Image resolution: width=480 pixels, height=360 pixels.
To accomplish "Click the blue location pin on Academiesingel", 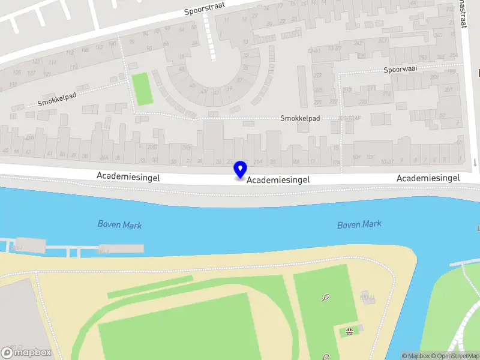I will [x=240, y=170].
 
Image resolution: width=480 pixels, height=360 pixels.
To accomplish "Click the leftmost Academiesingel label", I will [x=126, y=176].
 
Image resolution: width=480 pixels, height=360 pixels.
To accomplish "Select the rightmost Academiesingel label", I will [x=428, y=178].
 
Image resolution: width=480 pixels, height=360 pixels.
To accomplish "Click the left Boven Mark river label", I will [x=119, y=225].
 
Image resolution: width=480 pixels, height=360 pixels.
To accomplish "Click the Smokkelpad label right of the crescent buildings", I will [x=300, y=118].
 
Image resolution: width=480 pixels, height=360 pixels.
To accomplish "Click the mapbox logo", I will [x=26, y=352].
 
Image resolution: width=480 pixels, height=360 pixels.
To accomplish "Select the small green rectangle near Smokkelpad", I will [x=142, y=89].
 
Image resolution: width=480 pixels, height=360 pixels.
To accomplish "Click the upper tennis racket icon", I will [x=325, y=296].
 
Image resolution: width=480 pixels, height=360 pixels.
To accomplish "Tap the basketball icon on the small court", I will [x=349, y=330].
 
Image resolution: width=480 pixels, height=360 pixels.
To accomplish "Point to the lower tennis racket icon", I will [x=326, y=356].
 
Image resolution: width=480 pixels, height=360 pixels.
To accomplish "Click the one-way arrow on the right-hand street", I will [x=474, y=162].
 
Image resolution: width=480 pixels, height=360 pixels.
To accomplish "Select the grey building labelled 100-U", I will [x=367, y=298].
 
